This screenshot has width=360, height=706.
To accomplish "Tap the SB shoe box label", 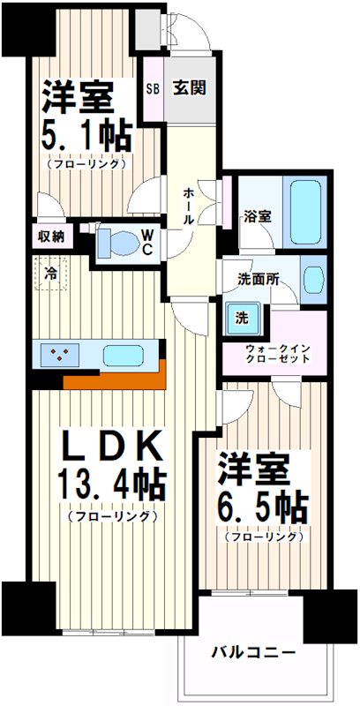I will click(153, 88).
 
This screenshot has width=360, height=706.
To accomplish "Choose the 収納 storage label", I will click(51, 237).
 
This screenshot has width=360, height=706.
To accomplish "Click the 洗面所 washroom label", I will click(258, 279).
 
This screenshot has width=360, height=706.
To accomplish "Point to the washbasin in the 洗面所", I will click(312, 280).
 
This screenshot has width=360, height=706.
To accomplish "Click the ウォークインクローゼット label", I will click(277, 354).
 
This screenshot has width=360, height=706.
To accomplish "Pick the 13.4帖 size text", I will click(111, 484).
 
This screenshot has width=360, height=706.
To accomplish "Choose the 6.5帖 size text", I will click(262, 505).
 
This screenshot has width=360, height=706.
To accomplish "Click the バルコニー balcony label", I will click(252, 654).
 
